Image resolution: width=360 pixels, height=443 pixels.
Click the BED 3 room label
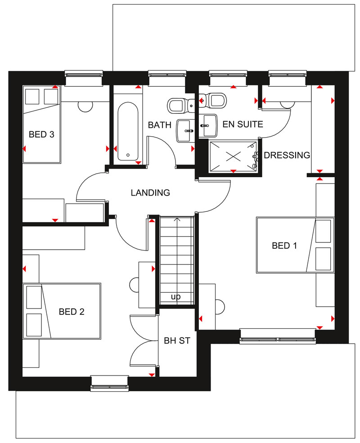click(x=41, y=134)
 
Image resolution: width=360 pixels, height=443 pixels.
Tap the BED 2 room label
click(x=72, y=311)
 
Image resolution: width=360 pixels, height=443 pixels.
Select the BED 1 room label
click(x=284, y=246)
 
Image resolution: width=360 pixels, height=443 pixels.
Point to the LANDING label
click(x=150, y=193)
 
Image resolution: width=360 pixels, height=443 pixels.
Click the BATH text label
click(x=160, y=125)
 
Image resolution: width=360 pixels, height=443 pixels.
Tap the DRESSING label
click(x=287, y=155)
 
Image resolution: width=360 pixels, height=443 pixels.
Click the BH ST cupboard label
click(x=177, y=341)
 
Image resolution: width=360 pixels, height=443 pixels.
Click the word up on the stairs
click(x=176, y=297)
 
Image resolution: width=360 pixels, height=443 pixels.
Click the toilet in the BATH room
click(x=177, y=105)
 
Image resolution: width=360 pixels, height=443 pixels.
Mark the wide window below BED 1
click(x=277, y=336)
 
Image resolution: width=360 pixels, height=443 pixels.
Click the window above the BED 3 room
click(x=84, y=77)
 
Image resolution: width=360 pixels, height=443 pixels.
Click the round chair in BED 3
click(x=85, y=106)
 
